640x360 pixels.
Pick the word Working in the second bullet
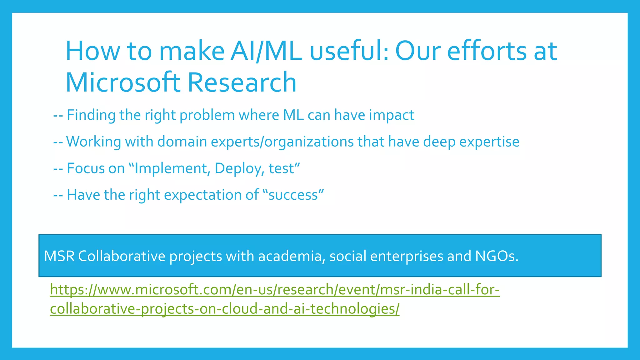tap(93, 142)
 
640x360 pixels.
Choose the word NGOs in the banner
tap(496, 256)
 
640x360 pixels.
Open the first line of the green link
tap(275, 290)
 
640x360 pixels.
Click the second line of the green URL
tap(225, 309)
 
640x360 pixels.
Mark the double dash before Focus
tap(58, 169)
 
